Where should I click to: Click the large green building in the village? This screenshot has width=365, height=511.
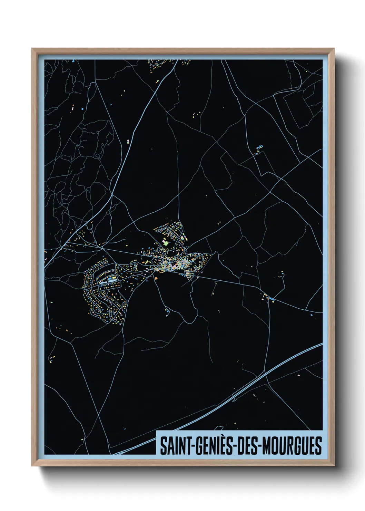pyautogui.click(x=166, y=243)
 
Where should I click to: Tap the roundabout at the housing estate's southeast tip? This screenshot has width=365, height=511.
pyautogui.click(x=127, y=301)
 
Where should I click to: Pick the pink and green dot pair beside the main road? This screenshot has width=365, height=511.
pyautogui.click(x=128, y=141)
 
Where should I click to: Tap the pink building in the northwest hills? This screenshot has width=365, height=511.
pyautogui.click(x=72, y=108)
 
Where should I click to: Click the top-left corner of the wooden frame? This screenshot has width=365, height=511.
pyautogui.click(x=32, y=49)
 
